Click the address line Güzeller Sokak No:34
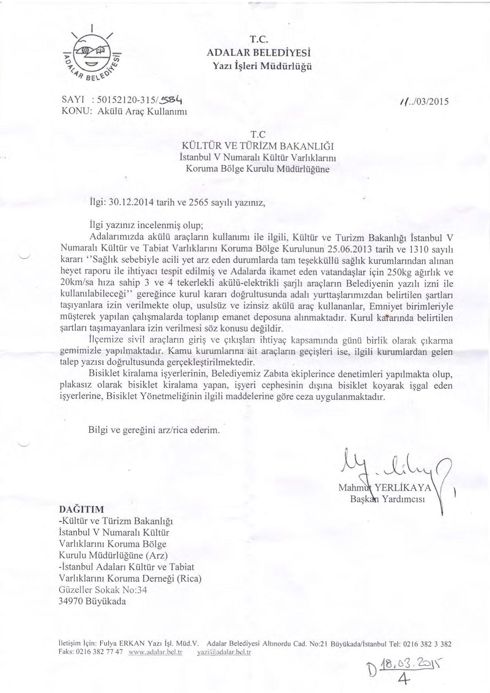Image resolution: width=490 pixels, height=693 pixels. coord(103,590)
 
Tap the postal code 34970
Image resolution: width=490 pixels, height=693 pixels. coord(70,602)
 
